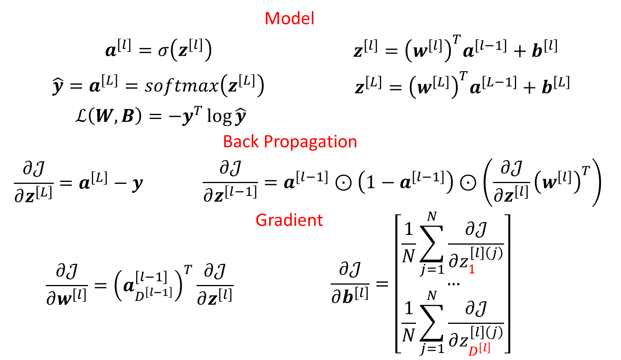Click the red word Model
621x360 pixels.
coord(289,18)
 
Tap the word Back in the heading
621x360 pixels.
coord(241,142)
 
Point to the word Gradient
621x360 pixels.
coord(289,220)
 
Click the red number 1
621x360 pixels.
coord(472,269)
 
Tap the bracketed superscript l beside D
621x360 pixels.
coord(485,348)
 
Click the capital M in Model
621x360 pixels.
coord(272,18)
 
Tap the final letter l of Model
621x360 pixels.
coord(312,18)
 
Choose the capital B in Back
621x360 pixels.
coord(228,142)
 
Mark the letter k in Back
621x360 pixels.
coord(255,142)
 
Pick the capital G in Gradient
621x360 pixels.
coord(261,220)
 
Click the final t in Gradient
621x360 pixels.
coord(320,220)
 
